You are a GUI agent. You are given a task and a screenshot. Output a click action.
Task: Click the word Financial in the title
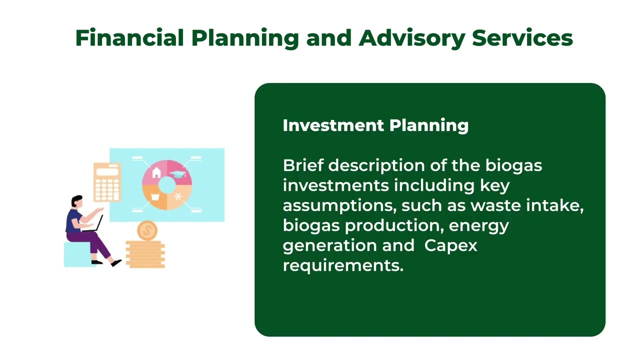click(x=129, y=38)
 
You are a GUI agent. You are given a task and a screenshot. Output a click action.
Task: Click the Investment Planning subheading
click(x=375, y=125)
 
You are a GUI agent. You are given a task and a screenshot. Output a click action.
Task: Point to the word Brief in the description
click(x=302, y=165)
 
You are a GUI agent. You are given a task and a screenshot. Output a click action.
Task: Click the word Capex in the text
click(x=450, y=245)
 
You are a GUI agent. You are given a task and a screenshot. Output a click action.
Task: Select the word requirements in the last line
click(x=342, y=265)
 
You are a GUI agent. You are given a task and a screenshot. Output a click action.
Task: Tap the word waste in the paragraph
click(x=493, y=205)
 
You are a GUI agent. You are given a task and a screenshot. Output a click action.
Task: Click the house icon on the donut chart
click(x=156, y=173)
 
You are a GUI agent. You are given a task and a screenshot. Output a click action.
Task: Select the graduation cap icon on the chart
click(x=178, y=174)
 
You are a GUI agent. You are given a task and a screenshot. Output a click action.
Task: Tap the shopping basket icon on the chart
click(x=155, y=197)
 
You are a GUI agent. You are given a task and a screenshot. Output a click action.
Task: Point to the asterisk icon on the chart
click(x=178, y=197)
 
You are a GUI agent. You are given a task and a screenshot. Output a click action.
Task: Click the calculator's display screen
click(x=107, y=171)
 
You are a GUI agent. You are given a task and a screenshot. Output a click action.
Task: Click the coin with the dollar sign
click(x=147, y=230)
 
